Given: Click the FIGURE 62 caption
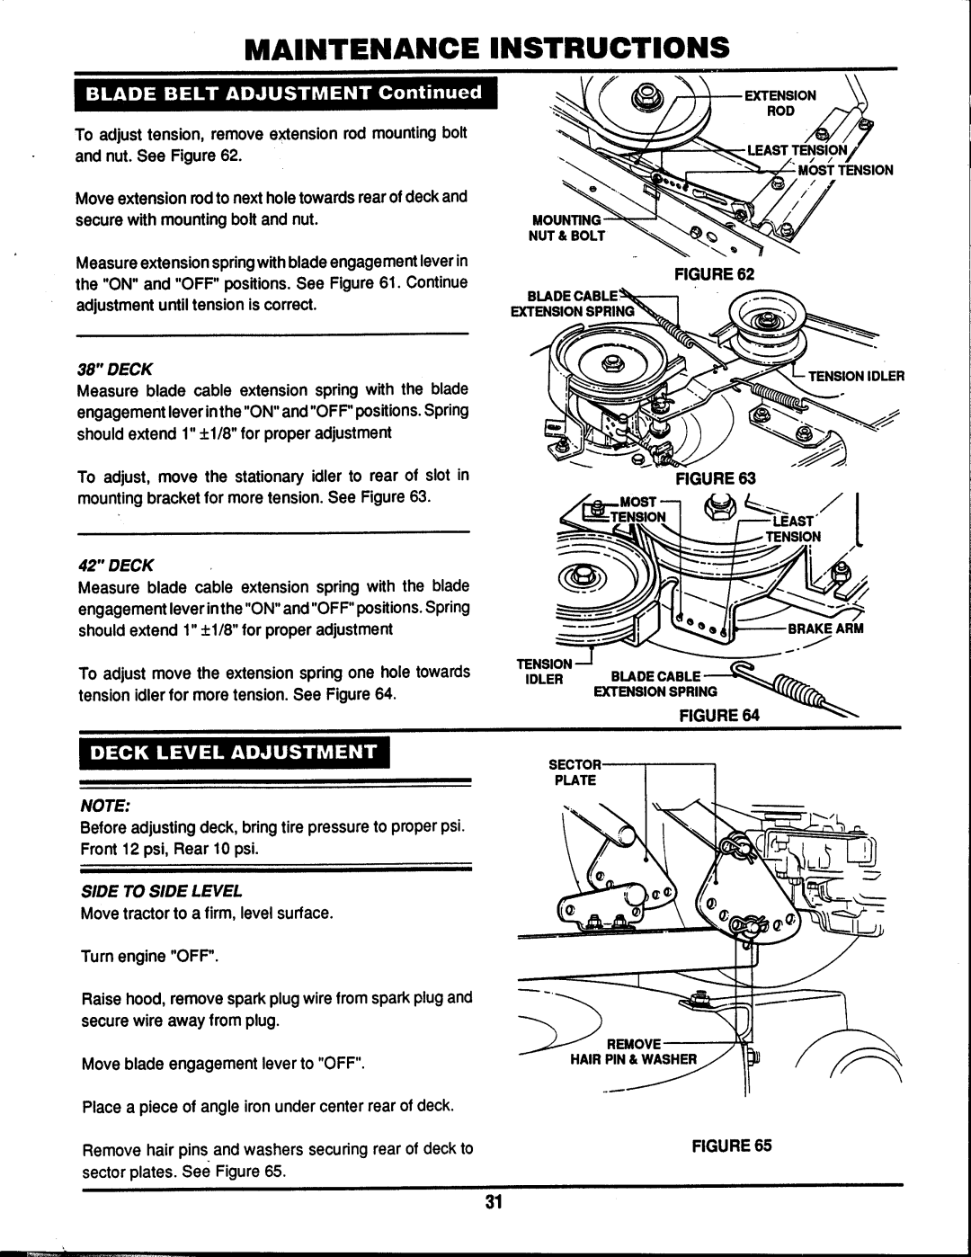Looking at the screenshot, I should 721,273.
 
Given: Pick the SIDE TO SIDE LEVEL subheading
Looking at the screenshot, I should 162,891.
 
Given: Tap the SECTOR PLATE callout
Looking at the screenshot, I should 573,771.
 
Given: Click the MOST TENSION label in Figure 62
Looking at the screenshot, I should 846,169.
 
